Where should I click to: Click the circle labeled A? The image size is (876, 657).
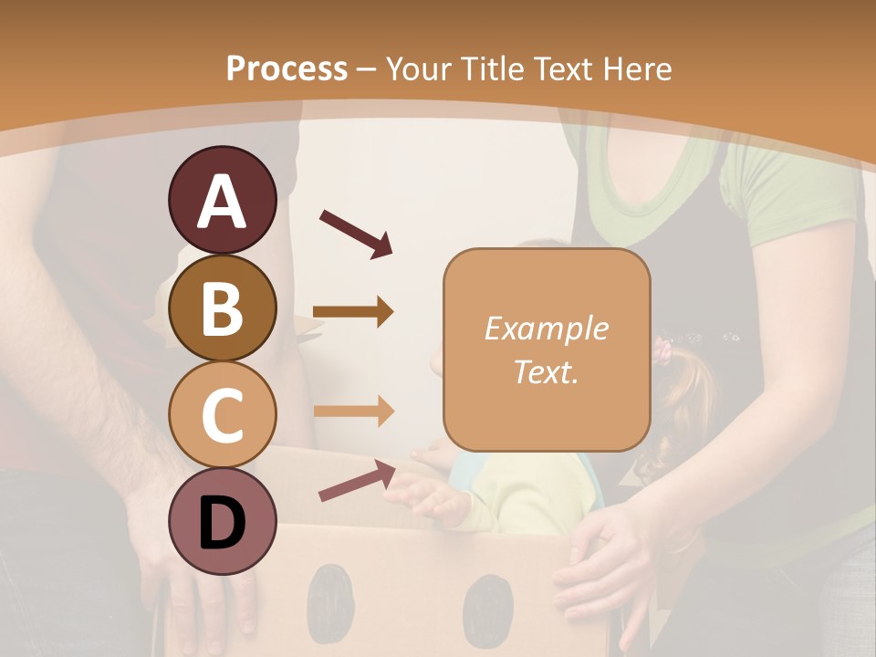point(222,201)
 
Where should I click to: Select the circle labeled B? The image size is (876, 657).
point(222,308)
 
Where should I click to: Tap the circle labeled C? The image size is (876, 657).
point(222,414)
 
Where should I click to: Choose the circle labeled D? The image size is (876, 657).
point(222,521)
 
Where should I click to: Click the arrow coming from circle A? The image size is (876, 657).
point(356,232)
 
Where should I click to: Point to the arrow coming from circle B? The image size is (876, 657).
point(353,312)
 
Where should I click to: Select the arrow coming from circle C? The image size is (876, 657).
point(353,411)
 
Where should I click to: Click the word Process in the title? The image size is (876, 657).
point(287,68)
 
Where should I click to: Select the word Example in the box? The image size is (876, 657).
point(546,328)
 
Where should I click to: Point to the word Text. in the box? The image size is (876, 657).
point(546,371)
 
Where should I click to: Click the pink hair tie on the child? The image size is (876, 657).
point(663,351)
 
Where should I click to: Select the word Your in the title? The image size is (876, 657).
point(417,68)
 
